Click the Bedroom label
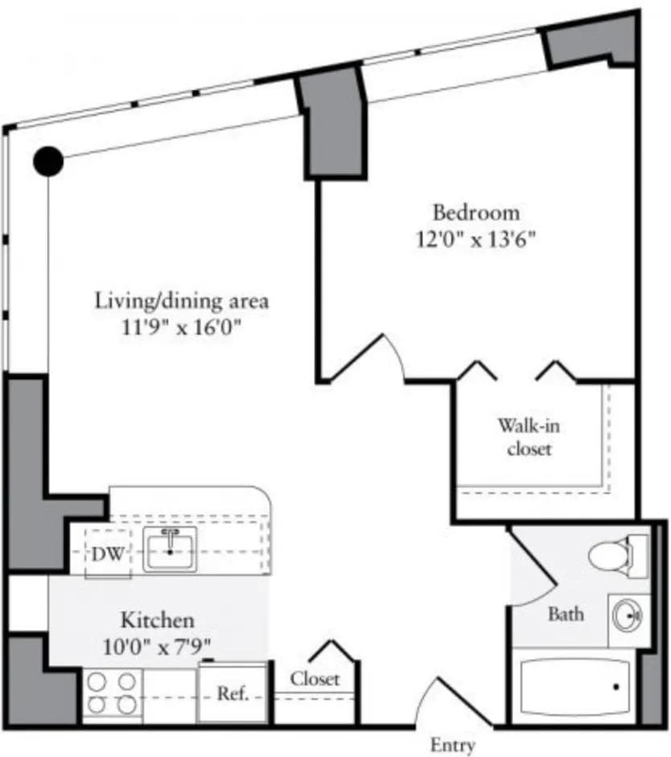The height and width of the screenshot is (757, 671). (x=475, y=213)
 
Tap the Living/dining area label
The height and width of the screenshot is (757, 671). (x=181, y=302)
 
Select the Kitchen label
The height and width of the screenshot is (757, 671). (x=157, y=620)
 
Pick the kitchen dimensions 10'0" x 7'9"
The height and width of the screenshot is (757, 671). (x=157, y=645)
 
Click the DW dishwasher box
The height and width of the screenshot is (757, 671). (x=107, y=553)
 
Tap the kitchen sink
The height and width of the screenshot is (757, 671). (x=169, y=550)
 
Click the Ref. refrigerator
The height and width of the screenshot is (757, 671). (x=232, y=693)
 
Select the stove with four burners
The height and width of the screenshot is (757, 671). (x=111, y=693)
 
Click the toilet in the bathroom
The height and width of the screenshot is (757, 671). (x=617, y=554)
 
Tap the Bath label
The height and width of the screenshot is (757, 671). (x=566, y=615)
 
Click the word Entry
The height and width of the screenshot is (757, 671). (x=452, y=744)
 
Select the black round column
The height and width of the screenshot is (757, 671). (x=48, y=161)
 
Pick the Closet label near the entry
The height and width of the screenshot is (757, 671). (x=315, y=679)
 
